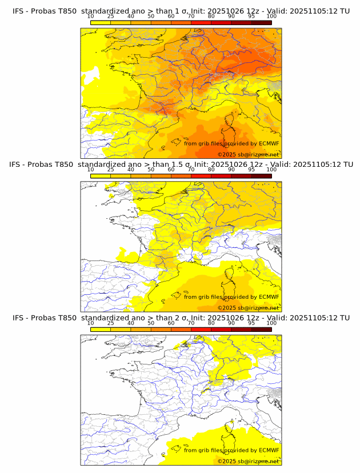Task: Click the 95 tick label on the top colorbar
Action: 251,16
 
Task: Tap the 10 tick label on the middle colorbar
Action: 91,169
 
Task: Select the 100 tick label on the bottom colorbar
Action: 271,323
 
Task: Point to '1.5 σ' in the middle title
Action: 185,164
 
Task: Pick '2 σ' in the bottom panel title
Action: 183,318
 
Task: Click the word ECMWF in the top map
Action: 269,143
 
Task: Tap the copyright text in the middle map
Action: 248,308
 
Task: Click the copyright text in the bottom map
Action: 248,461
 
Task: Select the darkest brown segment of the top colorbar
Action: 261,22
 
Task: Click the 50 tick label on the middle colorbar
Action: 151,169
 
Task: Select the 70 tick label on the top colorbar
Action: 191,16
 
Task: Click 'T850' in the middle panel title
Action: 65,164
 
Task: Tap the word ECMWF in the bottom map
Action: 269,450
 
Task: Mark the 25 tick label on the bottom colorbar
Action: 111,323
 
